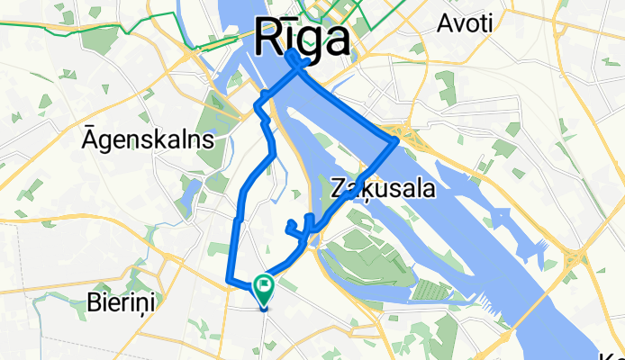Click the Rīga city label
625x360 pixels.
click(303, 39)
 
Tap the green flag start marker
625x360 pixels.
click(265, 288)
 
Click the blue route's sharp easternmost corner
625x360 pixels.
click(397, 141)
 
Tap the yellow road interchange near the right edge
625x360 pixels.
click(570, 261)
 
